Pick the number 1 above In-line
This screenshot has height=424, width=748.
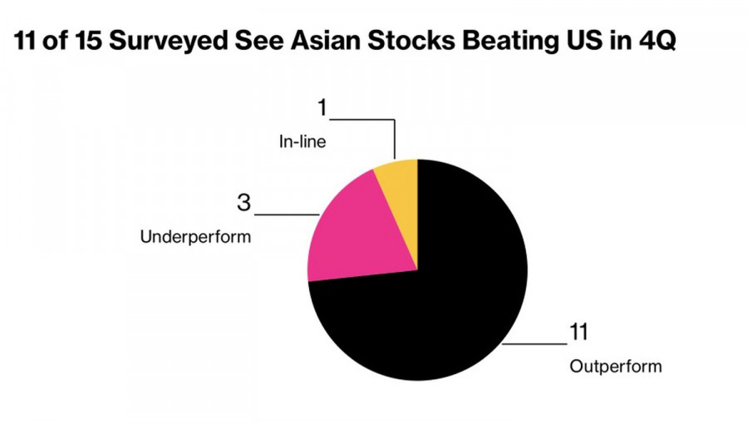(x=322, y=109)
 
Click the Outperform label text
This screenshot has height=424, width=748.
(x=616, y=366)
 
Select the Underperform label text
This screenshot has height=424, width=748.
(x=196, y=237)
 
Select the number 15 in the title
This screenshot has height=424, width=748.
(x=81, y=42)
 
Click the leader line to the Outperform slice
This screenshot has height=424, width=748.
(x=536, y=343)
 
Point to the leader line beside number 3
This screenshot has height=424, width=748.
(x=287, y=214)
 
